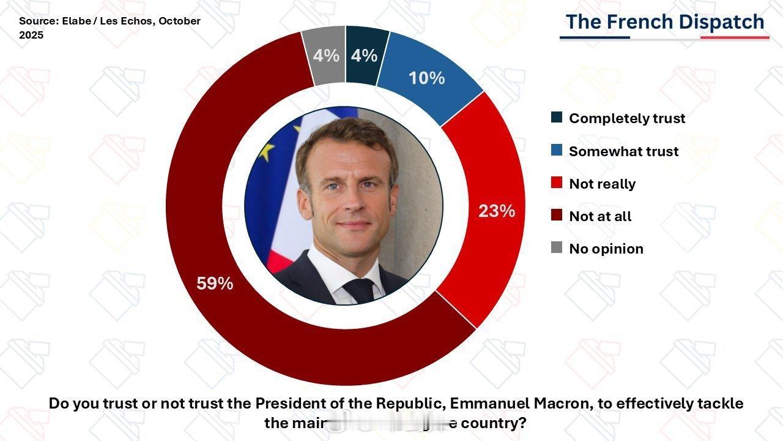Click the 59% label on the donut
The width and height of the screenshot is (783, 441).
(x=215, y=284)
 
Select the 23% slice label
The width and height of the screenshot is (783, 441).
(x=497, y=211)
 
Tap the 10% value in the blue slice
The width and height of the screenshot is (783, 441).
(x=426, y=78)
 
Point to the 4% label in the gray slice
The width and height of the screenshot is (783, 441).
(x=326, y=56)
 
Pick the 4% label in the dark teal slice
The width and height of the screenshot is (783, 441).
(x=364, y=56)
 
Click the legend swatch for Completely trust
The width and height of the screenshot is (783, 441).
(x=557, y=118)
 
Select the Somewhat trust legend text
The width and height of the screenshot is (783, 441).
(x=623, y=151)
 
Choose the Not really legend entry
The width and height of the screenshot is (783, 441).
(x=602, y=184)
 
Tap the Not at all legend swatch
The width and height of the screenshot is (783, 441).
(x=557, y=216)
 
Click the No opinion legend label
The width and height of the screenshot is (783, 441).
(x=606, y=249)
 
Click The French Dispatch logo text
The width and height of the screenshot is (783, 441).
(x=664, y=22)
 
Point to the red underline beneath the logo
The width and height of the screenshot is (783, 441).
(x=734, y=37)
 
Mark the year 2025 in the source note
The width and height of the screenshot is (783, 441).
(x=31, y=35)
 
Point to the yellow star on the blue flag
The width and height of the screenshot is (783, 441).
(x=265, y=151)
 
